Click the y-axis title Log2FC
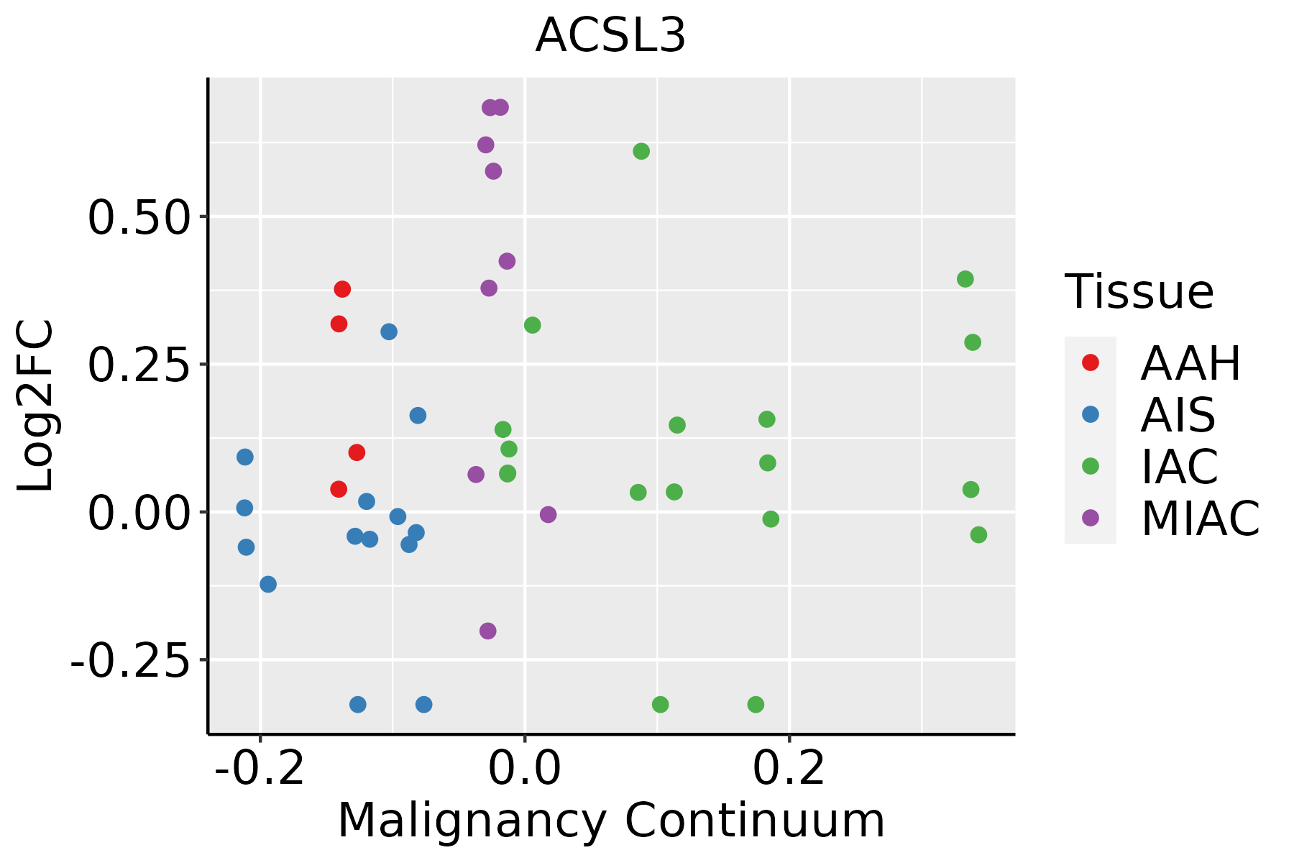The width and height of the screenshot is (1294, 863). [36, 406]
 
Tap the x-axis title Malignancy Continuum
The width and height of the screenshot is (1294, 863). [611, 821]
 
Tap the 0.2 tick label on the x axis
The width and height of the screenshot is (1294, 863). [789, 769]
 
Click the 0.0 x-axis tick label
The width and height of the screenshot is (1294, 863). [525, 769]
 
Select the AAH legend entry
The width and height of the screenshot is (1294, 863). [1190, 363]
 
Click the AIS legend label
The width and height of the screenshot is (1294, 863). [1178, 415]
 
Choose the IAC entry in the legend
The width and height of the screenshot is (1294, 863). [1179, 467]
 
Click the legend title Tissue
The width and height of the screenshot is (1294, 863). [1139, 291]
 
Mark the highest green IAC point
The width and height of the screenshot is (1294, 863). [641, 151]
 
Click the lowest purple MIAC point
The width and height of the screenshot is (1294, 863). [488, 631]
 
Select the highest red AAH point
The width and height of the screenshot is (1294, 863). [342, 289]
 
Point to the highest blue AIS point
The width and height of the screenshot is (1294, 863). [389, 332]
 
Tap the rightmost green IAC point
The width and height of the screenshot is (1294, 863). [978, 534]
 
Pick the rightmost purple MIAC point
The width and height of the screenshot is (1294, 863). [549, 514]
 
